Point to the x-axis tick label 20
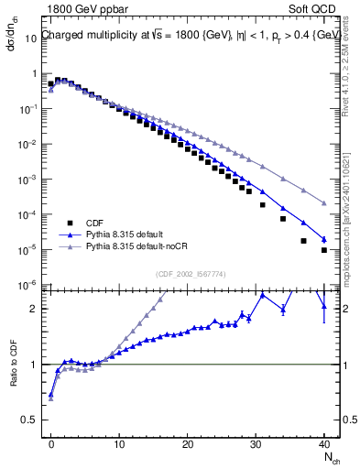point(188,442)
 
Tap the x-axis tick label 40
point(324,442)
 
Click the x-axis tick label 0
point(51,442)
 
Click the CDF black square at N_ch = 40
point(324,249)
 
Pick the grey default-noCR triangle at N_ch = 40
point(324,202)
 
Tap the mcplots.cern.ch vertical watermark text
point(350,211)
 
